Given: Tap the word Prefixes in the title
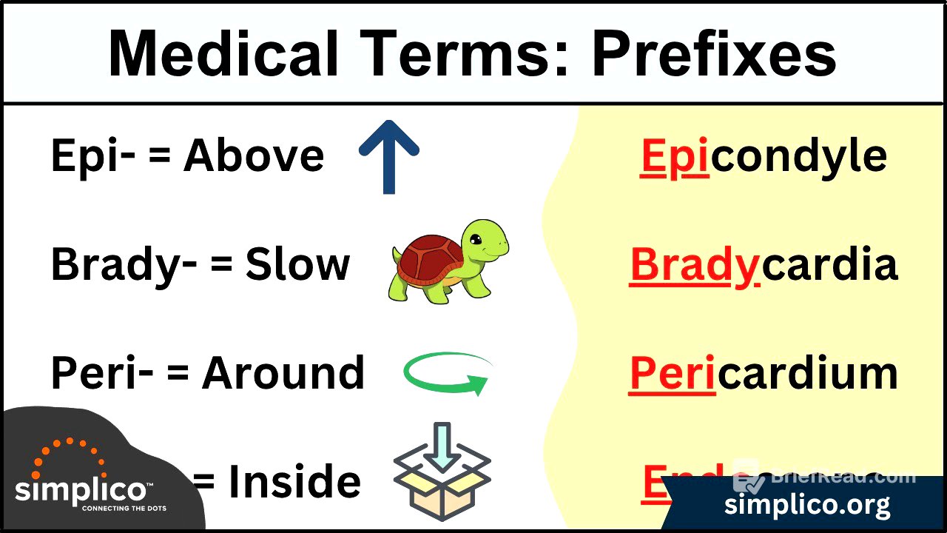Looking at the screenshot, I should point(714,55).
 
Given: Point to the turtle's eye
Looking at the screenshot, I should point(476,240).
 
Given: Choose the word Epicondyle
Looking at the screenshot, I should point(763,156).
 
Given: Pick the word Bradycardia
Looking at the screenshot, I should point(763,265).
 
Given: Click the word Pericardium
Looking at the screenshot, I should point(763,373).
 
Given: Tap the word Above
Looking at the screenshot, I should point(254,156).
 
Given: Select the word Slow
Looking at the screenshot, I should point(297,265).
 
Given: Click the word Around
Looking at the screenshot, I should point(283,373).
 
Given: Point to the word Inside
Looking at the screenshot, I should point(294,482).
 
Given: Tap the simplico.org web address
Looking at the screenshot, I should point(806,506).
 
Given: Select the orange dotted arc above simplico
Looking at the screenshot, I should point(70,452).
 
